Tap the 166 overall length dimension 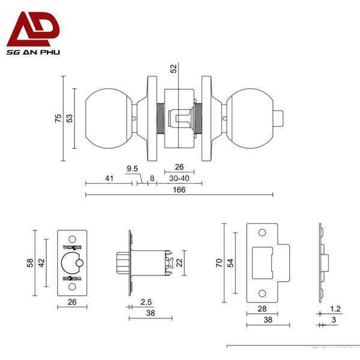point(179,190)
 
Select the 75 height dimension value point(58,119)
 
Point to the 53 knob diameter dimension point(70,119)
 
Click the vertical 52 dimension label point(174,68)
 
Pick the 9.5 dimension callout point(132,168)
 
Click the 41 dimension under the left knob point(109,178)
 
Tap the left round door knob point(108,118)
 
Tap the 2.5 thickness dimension point(145,302)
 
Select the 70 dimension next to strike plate point(220,262)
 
